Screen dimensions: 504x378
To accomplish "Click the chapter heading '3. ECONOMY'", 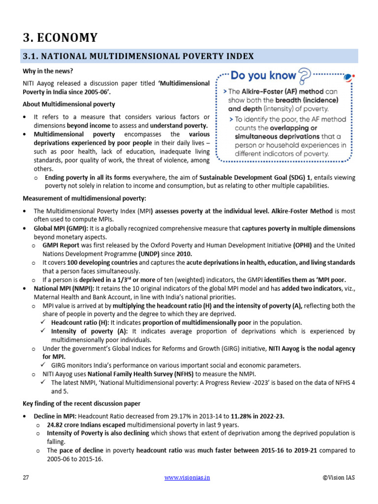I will tap(61, 37).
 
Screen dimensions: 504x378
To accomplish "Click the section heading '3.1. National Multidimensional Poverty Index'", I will tap(138, 56).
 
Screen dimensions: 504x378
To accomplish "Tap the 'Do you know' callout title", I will tap(263, 75).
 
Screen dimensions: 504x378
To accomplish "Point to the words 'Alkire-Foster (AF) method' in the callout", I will tap(284, 92).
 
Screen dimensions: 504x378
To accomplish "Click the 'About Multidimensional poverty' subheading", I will tap(69, 104).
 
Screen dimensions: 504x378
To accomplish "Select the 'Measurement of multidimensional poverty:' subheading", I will tap(85, 198).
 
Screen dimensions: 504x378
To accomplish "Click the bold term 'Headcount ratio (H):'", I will tap(80, 322).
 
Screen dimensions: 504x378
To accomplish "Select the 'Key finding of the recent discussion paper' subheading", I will tap(82, 404).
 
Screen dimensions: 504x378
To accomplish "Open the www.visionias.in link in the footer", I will tap(187, 478).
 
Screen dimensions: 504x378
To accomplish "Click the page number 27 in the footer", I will tap(26, 478).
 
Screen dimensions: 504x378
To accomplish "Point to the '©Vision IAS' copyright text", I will tap(339, 478).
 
